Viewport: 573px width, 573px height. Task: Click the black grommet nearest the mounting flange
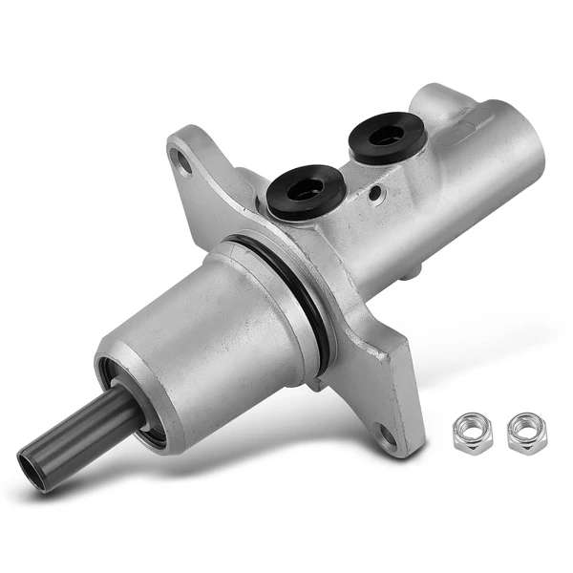coord(306,192)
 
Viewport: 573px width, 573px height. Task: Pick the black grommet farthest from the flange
coord(387,137)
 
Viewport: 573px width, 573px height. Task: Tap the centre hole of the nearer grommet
coord(306,188)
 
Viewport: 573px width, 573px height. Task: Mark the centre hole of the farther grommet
coord(387,134)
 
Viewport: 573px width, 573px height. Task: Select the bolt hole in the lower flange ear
coord(387,435)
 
